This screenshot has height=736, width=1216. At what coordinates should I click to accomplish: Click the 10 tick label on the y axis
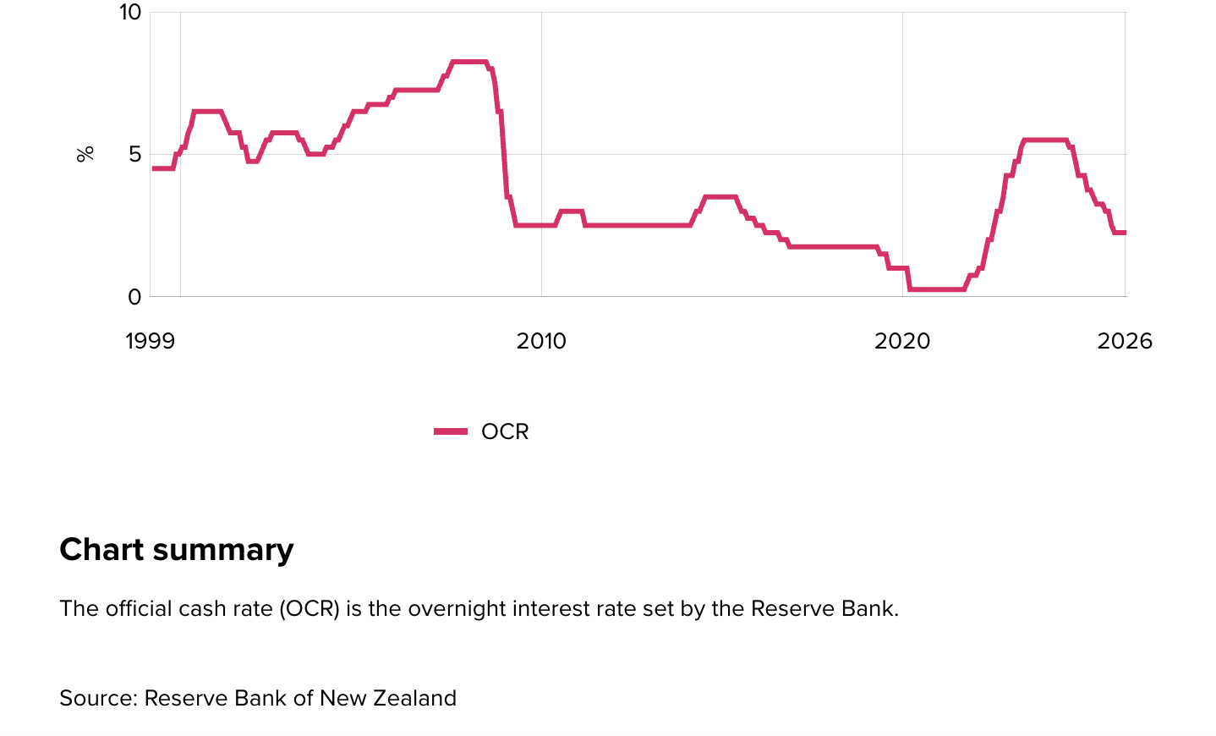(x=130, y=13)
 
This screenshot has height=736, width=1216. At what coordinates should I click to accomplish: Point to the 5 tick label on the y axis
(x=135, y=154)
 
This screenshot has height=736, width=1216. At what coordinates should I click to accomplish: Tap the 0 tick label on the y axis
(x=135, y=297)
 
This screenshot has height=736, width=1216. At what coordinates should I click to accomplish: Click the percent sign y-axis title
(x=85, y=154)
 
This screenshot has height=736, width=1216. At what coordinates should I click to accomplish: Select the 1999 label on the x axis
(x=150, y=342)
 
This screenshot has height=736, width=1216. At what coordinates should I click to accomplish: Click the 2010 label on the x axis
(x=541, y=342)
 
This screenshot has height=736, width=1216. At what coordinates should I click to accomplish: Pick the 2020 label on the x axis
(x=902, y=342)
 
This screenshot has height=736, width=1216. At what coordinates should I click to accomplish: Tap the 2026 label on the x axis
(x=1125, y=342)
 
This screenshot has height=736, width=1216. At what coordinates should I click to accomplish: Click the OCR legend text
(x=505, y=432)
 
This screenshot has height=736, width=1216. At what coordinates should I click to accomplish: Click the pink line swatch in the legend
(x=451, y=432)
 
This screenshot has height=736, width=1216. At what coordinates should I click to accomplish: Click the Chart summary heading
(x=177, y=550)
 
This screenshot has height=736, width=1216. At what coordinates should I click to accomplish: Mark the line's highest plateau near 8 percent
(x=469, y=62)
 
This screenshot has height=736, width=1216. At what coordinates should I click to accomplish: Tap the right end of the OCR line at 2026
(x=1124, y=233)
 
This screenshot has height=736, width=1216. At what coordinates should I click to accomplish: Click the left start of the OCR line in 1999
(x=154, y=168)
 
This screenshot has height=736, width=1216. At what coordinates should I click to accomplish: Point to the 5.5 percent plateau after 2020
(x=1044, y=140)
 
